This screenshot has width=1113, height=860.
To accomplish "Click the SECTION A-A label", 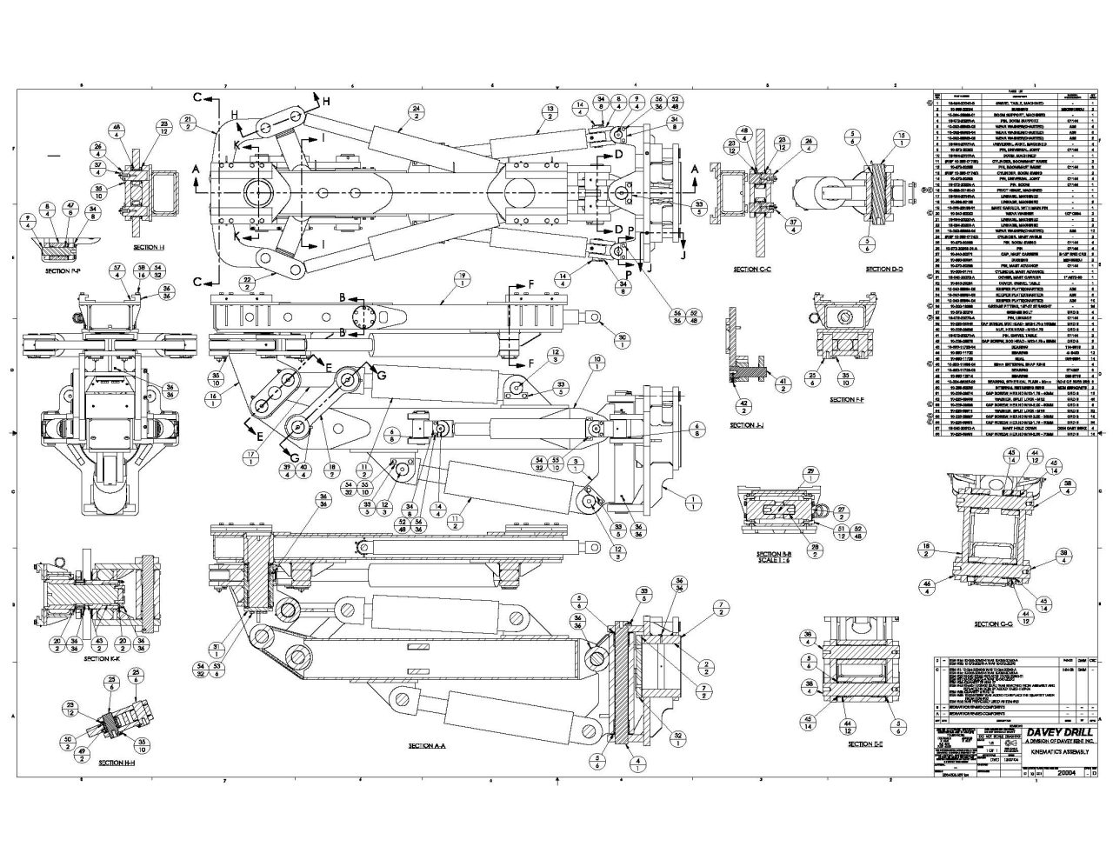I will [427, 746].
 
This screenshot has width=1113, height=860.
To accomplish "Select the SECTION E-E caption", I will [865, 744].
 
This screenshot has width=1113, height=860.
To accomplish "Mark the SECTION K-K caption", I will [108, 658].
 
